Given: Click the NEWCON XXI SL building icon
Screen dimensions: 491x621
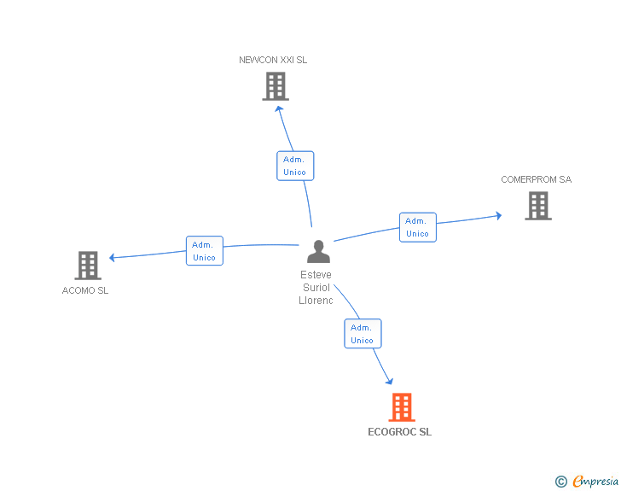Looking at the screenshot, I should coord(275,86).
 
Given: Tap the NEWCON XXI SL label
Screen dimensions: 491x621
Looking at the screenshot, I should coord(273,60).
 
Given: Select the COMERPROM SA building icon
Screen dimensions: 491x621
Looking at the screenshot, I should coord(537,206).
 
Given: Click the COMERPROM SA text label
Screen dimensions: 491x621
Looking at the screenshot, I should coord(536,179).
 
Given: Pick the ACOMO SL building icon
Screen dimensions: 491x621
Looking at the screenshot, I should coord(88,266).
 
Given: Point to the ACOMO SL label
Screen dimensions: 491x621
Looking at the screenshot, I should coord(85,290).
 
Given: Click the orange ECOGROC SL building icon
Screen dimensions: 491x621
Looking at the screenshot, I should coord(402,407).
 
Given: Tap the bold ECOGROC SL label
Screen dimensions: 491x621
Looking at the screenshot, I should coord(399,432).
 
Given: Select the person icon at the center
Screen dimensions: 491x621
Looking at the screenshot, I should coord(318,252).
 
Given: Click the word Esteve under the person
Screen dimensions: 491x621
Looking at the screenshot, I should coord(316,275).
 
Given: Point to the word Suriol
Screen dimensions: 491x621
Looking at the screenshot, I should coord(316,288).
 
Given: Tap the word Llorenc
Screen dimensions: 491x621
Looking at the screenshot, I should coord(316,301).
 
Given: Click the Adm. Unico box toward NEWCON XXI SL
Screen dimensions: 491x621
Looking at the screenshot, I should coord(295,166).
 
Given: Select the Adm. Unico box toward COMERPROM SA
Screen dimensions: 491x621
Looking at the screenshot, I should coord(417,227).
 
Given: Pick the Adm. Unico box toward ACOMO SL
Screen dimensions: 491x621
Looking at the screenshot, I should coord(205,251).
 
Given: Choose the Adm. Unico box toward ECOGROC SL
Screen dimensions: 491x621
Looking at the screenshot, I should coord(363,334).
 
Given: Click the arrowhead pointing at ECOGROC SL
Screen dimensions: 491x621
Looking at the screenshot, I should coord(390,381).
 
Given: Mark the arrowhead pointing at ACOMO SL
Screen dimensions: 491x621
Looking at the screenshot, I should coord(113,257).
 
